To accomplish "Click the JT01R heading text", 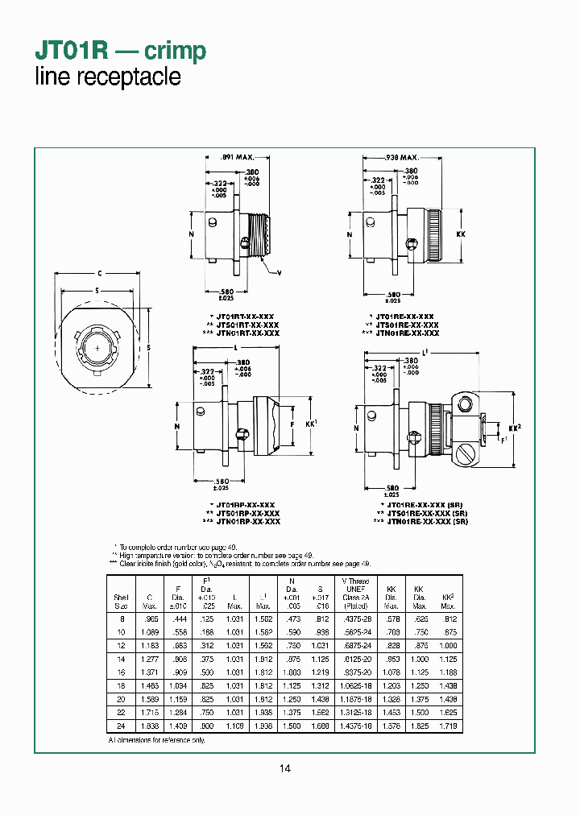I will click(72, 51).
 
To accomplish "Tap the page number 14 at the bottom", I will click(284, 768).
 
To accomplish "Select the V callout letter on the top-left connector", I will click(280, 273).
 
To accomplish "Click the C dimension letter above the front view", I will click(97, 274).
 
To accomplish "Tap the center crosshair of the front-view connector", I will click(97, 348).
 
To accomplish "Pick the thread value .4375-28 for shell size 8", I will click(355, 617).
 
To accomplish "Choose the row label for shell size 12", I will click(121, 646).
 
